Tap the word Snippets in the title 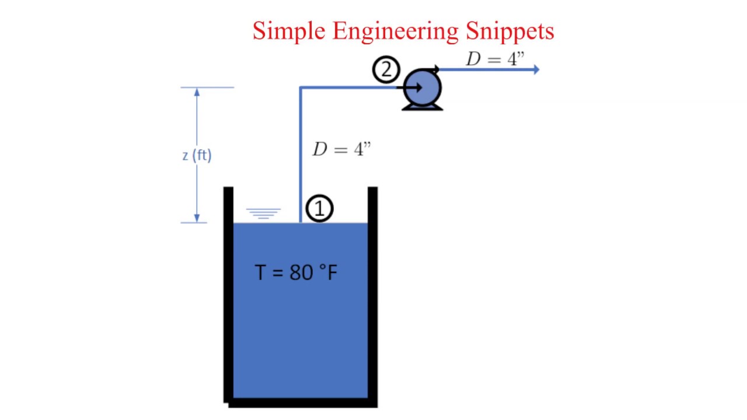509,31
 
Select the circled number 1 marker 320,209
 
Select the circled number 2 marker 386,71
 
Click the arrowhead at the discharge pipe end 536,70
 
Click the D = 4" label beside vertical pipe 341,149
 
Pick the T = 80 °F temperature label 296,272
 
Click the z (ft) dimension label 197,155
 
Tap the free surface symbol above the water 263,213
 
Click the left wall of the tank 228,292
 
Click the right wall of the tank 372,292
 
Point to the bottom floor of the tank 301,402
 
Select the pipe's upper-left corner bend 301,88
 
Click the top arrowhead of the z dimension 197,92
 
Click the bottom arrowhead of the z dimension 197,218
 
